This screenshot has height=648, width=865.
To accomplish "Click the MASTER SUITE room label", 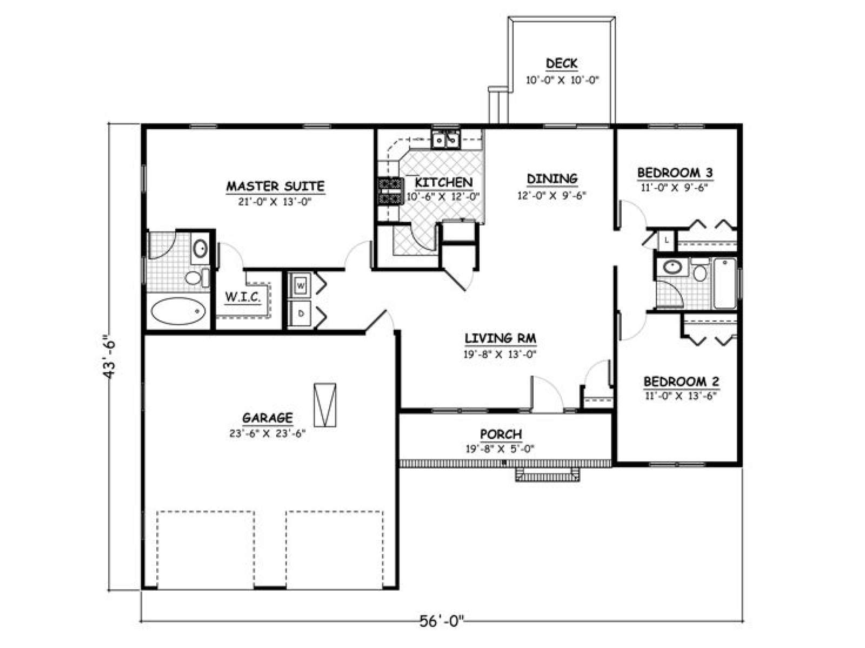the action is point(275,186).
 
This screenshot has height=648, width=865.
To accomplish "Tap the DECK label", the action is point(562,63).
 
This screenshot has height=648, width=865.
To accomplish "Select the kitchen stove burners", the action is point(390,191).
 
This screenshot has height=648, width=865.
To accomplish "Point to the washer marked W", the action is point(300,286).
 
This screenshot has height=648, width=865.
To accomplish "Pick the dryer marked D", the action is point(300,314).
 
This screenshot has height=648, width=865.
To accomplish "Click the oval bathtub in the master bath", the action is point(178,311).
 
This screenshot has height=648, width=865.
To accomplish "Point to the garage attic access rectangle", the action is point(325,405).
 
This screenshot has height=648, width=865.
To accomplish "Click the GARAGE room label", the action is point(268,417).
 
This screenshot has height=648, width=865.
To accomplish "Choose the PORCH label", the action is point(501,434).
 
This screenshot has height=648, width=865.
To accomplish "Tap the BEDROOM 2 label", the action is point(681,382).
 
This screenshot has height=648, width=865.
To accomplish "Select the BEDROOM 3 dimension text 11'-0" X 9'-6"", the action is point(675,188).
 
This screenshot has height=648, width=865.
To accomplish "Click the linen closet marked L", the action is point(667,240).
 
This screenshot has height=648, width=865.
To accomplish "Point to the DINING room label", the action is point(552,179).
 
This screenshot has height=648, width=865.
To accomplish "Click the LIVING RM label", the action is point(501,338).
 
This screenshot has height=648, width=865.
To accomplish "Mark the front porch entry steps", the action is point(548,475).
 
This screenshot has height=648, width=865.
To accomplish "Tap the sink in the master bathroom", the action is point(200,248).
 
